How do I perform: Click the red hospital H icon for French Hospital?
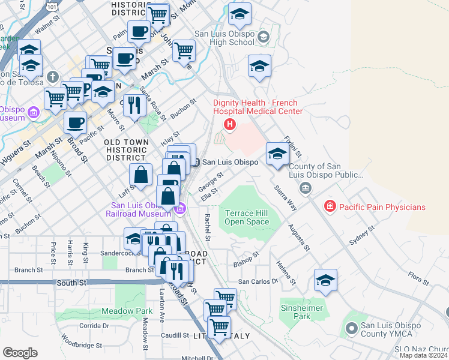(x=229, y=125)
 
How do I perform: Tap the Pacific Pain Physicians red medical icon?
(x=330, y=207)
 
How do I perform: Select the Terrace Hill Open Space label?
(x=247, y=217)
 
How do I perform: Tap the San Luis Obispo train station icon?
(x=196, y=162)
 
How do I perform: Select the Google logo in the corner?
(x=20, y=353)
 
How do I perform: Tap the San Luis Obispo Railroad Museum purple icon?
(x=179, y=209)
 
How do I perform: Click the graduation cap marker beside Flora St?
(x=325, y=280)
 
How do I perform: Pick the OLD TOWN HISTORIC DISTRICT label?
(x=125, y=149)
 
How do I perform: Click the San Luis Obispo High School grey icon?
(x=263, y=38)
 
